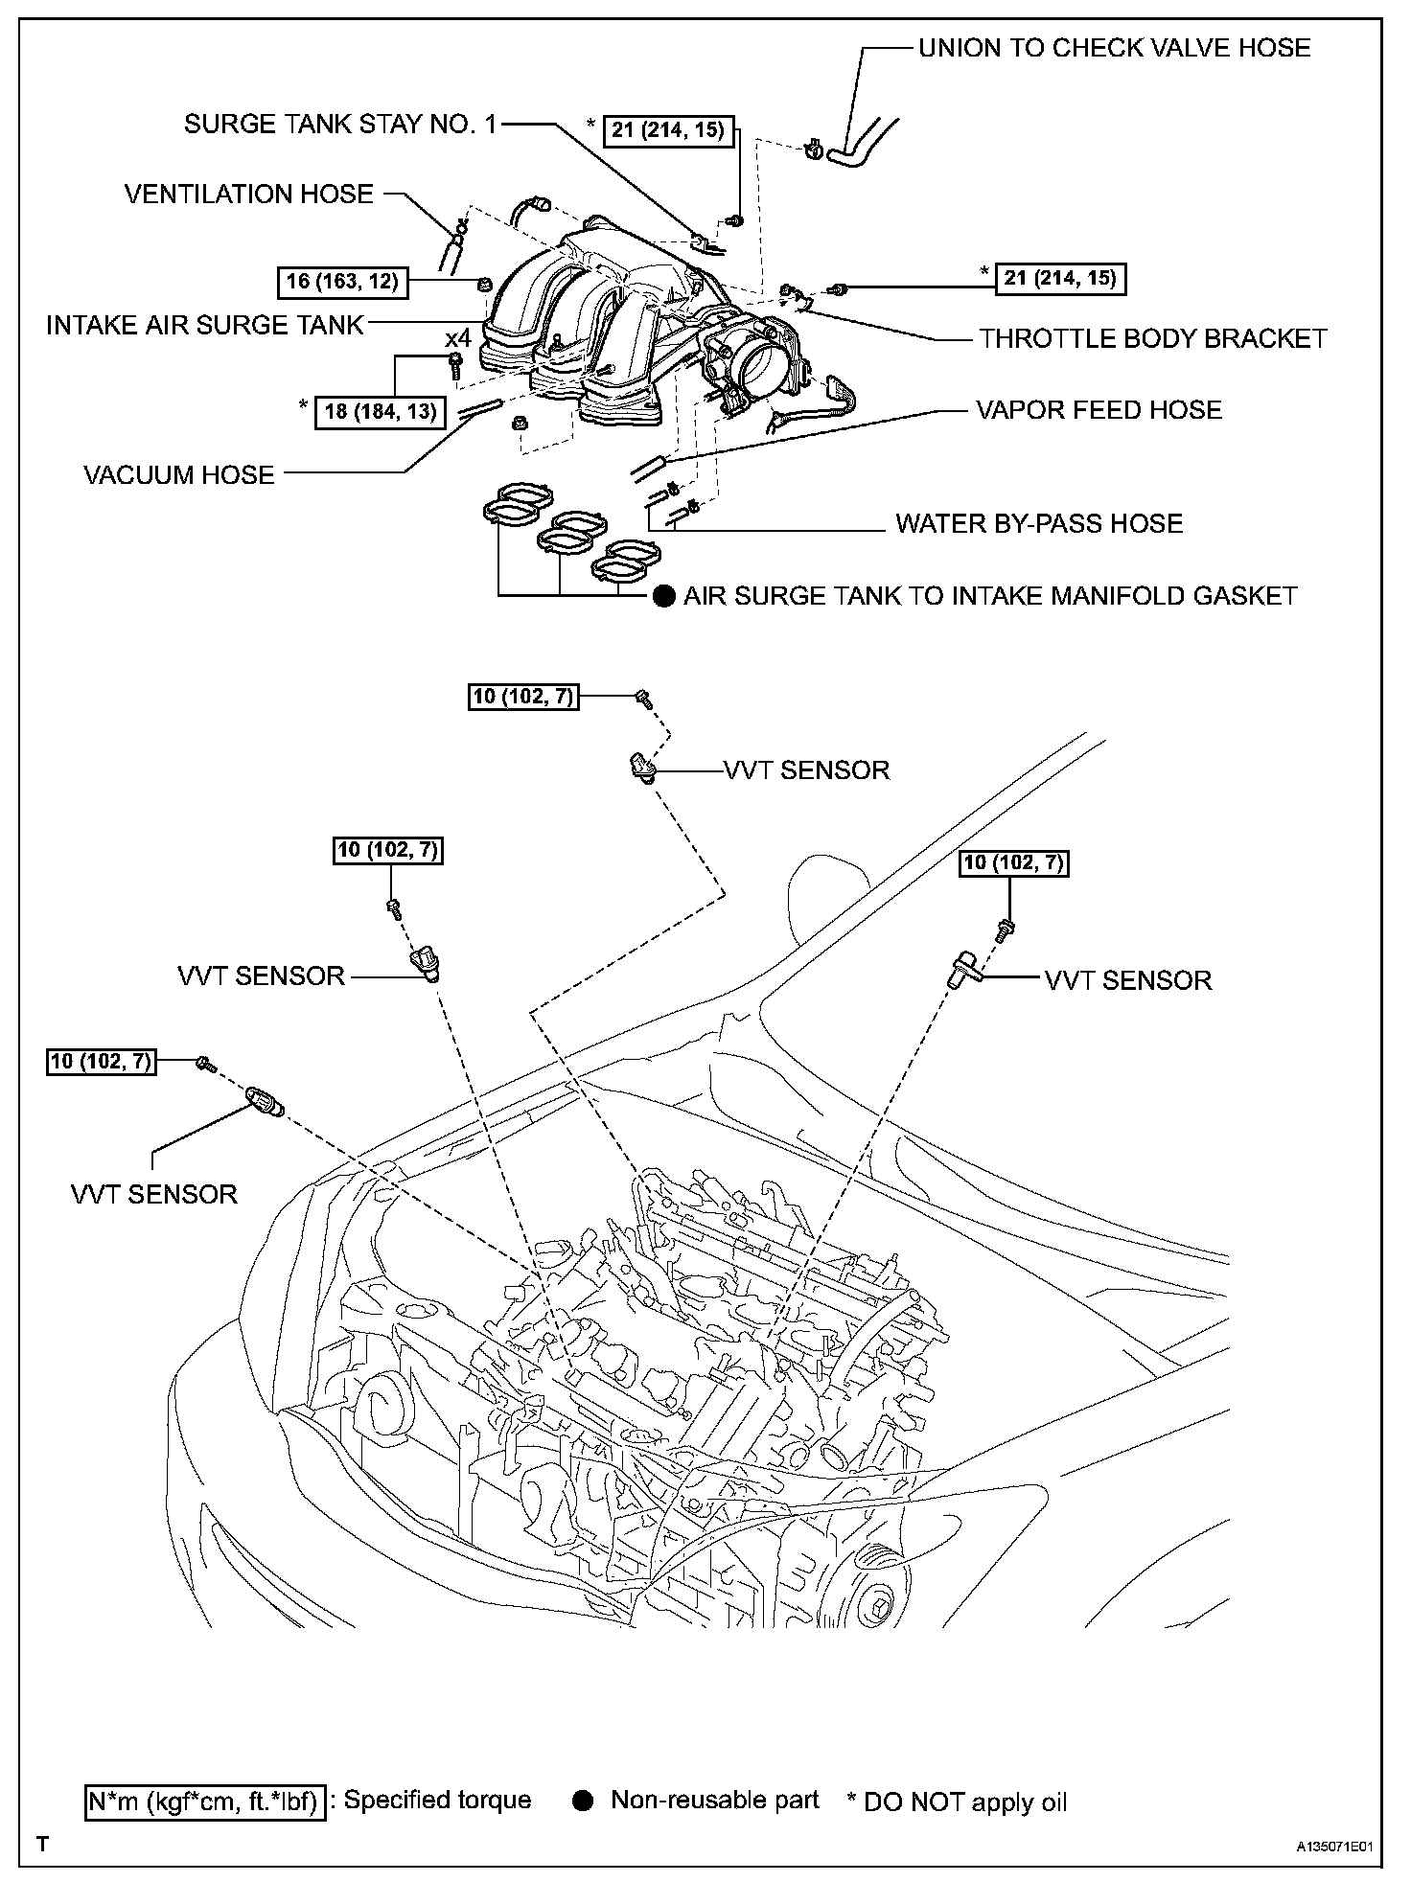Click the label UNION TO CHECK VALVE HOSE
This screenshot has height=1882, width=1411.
[x=1114, y=48]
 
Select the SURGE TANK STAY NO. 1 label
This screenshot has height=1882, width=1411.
[x=340, y=125]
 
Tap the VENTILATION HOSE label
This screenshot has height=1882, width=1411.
[x=249, y=195]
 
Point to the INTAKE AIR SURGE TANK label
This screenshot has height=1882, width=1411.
[x=205, y=326]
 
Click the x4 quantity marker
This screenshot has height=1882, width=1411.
[x=458, y=338]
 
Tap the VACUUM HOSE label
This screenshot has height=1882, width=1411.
[x=179, y=475]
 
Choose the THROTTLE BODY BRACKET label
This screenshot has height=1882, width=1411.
[x=1153, y=339]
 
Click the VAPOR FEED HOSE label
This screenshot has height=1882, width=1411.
[x=1099, y=411]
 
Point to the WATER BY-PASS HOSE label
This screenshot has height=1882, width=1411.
[x=1039, y=524]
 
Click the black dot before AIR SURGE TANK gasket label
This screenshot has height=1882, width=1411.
[x=664, y=597]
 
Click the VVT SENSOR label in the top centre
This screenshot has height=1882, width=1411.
[x=807, y=770]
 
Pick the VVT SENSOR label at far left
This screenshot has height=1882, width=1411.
[x=154, y=1195]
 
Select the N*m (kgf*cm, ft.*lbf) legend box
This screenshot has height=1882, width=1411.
[x=204, y=1802]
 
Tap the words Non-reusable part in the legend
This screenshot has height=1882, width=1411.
[x=714, y=1801]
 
